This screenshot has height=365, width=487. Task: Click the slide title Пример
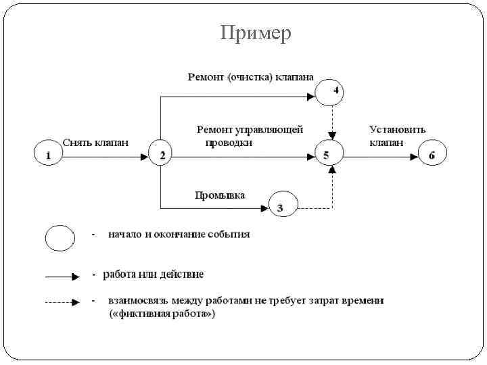click(x=256, y=33)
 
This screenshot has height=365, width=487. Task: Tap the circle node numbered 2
click(x=161, y=156)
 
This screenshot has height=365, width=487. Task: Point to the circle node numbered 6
click(x=432, y=155)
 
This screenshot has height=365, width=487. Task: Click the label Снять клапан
click(x=95, y=142)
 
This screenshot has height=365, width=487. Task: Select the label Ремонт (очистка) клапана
click(x=250, y=77)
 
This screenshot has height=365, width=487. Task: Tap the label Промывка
click(x=220, y=195)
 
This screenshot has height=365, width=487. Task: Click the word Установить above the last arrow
click(x=397, y=129)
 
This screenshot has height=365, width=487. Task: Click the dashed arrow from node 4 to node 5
click(x=331, y=123)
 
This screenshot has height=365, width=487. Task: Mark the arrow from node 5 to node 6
click(x=380, y=156)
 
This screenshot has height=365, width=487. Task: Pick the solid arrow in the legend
click(x=62, y=277)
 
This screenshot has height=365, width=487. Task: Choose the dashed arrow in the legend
click(x=62, y=302)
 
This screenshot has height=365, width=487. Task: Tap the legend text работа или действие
click(x=153, y=274)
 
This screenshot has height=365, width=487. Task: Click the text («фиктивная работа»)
click(x=162, y=314)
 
